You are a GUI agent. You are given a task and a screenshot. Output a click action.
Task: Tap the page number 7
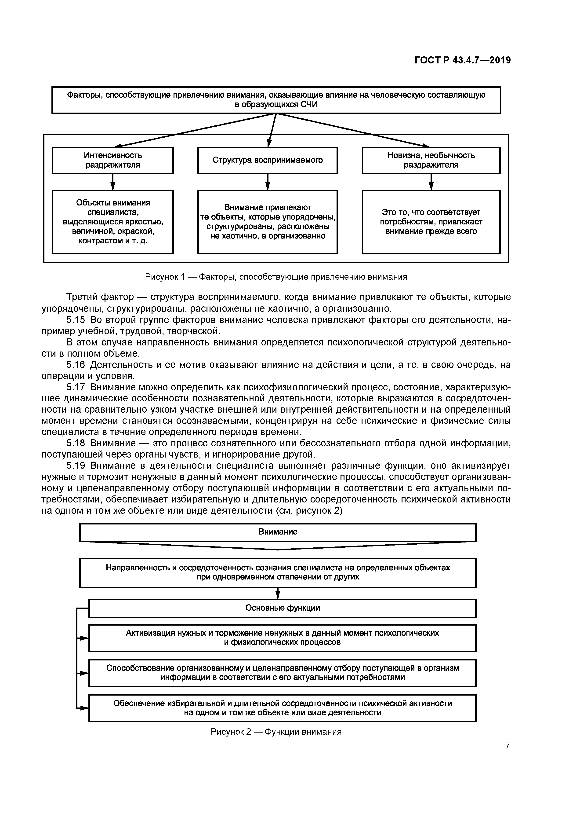click(x=507, y=746)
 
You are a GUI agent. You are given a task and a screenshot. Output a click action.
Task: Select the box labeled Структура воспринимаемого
click(x=267, y=160)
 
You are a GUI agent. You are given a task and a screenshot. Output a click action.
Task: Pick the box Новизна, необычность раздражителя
click(x=431, y=160)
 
